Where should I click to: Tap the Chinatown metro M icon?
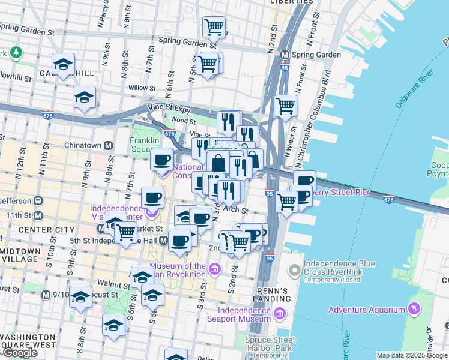[109, 145]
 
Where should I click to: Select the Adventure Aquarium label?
[366, 310]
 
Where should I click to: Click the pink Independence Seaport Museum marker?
[279, 313]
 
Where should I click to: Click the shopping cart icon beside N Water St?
[286, 106]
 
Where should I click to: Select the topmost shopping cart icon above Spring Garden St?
[214, 27]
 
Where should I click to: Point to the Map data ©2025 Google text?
[412, 355]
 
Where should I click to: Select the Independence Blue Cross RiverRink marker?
[294, 271]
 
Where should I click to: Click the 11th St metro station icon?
[38, 215]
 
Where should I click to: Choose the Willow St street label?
[142, 88]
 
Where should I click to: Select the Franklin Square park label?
[144, 146]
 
